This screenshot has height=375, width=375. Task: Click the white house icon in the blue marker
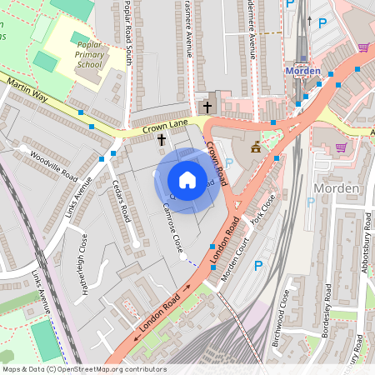[x=187, y=180]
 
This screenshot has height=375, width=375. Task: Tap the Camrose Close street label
[x=172, y=228]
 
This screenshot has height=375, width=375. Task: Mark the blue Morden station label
[x=302, y=71]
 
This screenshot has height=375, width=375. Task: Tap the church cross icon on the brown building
[x=207, y=106]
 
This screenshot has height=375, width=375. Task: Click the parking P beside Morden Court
[x=257, y=265]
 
